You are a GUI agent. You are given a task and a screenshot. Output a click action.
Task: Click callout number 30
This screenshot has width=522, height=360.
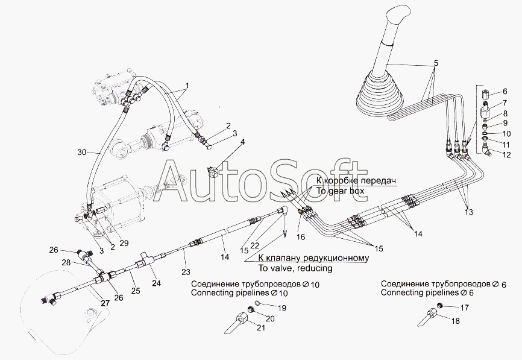tap(83, 152)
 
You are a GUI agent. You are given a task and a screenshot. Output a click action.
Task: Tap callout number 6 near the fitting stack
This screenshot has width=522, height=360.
tap(505, 92)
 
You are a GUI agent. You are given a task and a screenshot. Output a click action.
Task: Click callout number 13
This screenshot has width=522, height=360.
tap(469, 212)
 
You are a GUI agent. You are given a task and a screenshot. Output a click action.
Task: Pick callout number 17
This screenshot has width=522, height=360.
tap(464, 308)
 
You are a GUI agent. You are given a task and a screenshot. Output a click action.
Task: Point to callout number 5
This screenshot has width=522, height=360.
tap(436, 63)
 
